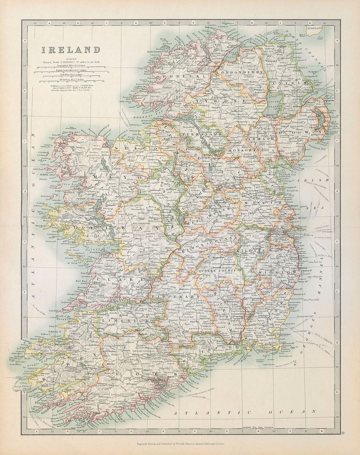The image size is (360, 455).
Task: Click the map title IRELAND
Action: coord(70,50)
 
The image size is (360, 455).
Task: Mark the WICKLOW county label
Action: coord(278,272)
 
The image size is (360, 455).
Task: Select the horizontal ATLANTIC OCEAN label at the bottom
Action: coord(245,411)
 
